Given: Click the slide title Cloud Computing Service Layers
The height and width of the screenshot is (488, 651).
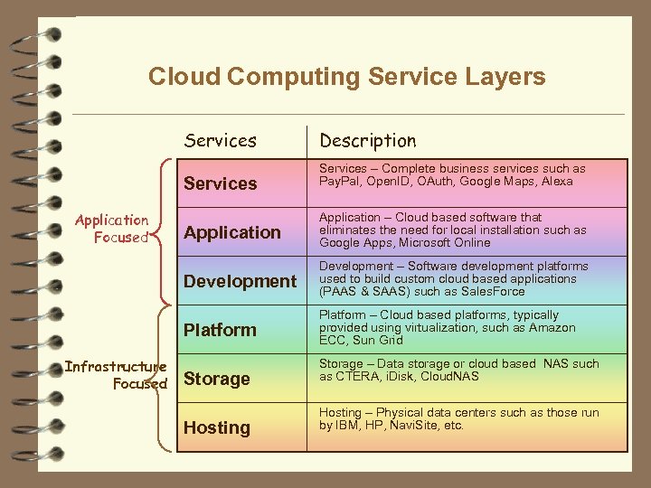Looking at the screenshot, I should pyautogui.click(x=346, y=76).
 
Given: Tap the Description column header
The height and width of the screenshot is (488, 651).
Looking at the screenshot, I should pyautogui.click(x=367, y=141).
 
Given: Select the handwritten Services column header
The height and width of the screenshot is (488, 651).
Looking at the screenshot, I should pyautogui.click(x=220, y=141).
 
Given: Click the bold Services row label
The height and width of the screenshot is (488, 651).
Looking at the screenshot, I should pyautogui.click(x=220, y=183).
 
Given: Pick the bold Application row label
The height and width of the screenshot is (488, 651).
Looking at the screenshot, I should pyautogui.click(x=231, y=232).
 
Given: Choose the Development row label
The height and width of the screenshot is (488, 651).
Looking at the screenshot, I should pyautogui.click(x=240, y=281).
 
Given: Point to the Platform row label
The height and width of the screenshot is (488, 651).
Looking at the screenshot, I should pyautogui.click(x=220, y=330).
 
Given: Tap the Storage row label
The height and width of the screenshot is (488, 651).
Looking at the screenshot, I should pyautogui.click(x=216, y=379).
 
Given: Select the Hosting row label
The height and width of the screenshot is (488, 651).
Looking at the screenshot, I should pyautogui.click(x=216, y=427).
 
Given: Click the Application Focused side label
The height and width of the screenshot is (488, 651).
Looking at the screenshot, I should pyautogui.click(x=113, y=229).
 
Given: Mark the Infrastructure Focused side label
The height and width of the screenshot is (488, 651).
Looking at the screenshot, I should pyautogui.click(x=116, y=375).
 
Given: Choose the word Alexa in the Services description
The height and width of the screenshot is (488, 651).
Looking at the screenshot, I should pyautogui.click(x=557, y=182).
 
